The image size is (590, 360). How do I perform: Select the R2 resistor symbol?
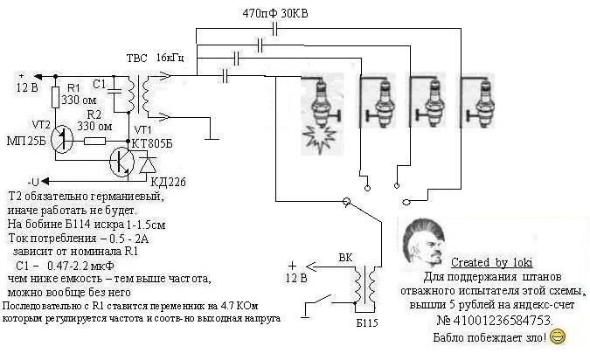tap(95, 139)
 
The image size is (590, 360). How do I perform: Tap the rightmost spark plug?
tap(478, 99)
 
